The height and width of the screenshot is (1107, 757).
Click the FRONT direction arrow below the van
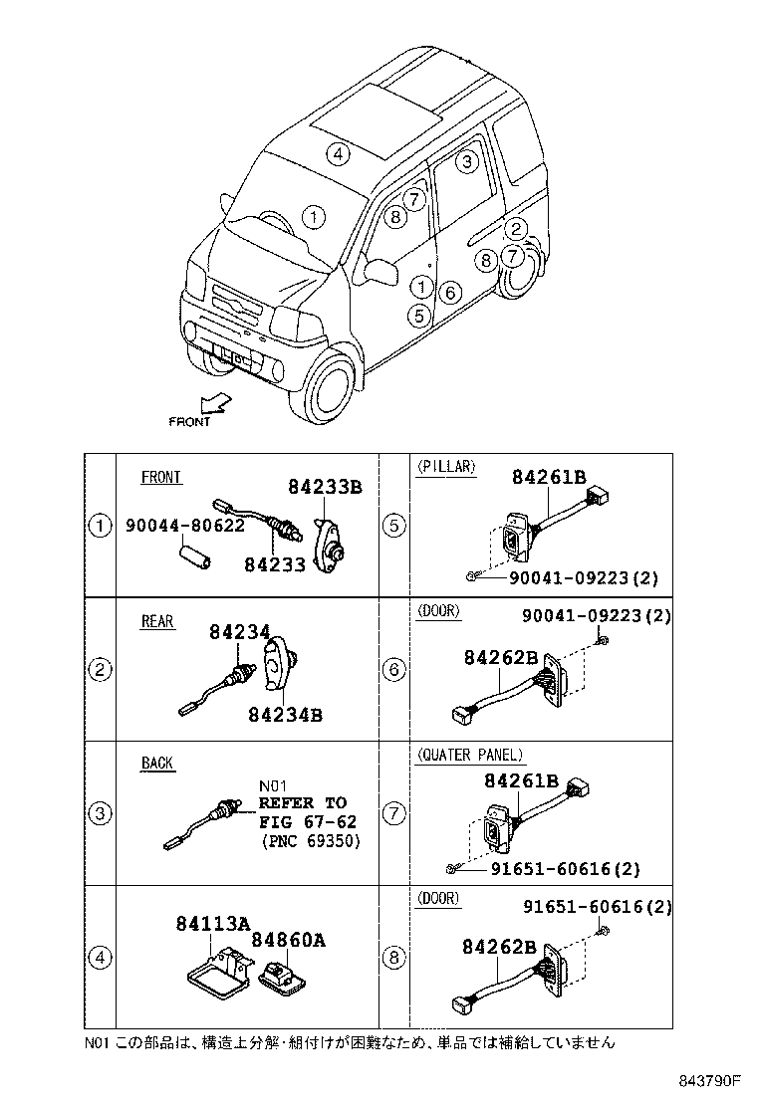click(x=213, y=402)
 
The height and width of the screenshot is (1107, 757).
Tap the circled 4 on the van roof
click(x=339, y=153)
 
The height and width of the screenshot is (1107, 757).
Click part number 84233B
click(x=325, y=488)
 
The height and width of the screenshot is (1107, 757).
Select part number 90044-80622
click(x=185, y=525)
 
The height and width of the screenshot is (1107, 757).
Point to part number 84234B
click(x=286, y=714)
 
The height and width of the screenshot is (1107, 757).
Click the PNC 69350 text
click(x=310, y=841)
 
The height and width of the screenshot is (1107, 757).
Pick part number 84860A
click(x=289, y=940)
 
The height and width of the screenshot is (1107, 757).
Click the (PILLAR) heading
click(x=445, y=466)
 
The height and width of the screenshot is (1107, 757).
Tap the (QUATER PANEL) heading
click(x=469, y=756)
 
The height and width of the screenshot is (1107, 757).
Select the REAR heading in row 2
click(x=157, y=622)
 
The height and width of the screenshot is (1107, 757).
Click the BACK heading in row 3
click(x=156, y=764)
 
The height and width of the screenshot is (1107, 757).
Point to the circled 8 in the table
click(x=395, y=958)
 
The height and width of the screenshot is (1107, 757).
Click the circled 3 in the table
click(x=100, y=814)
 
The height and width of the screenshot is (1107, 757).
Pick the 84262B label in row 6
click(x=501, y=658)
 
